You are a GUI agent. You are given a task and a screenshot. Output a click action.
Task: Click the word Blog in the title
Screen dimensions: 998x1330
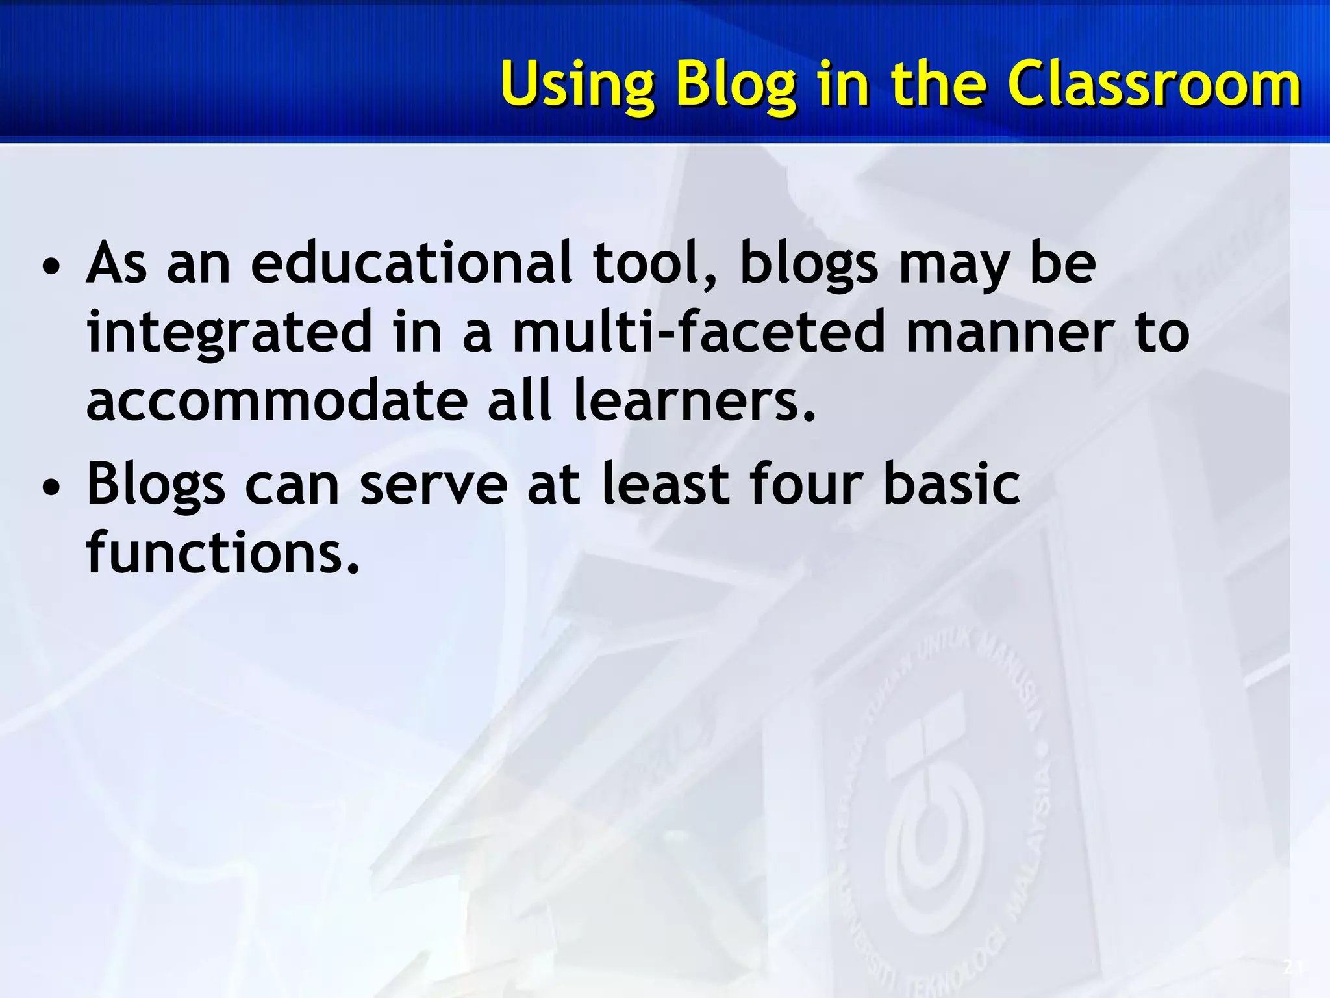pos(736,84)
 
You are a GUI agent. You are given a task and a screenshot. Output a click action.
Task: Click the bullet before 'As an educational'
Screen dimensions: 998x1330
pos(51,266)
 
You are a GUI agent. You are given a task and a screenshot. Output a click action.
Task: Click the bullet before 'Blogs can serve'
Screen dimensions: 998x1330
pos(51,487)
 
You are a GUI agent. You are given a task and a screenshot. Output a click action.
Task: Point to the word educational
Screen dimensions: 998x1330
pos(412,263)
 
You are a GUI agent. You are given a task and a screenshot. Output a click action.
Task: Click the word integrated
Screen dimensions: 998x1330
pos(229,333)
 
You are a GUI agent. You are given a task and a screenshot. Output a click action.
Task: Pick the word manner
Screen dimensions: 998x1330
pos(1010,333)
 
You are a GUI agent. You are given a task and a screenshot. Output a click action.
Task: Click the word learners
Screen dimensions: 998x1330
pos(694,400)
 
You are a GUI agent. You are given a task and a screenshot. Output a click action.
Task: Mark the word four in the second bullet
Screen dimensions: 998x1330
pos(807,483)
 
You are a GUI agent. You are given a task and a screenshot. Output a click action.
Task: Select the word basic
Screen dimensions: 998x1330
pos(951,483)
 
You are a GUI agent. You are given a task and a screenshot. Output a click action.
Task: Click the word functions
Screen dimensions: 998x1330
pos(223,552)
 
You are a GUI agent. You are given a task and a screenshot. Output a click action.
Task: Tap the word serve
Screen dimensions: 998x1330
pos(433,485)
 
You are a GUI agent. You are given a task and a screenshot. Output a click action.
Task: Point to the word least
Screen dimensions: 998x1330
pos(665,483)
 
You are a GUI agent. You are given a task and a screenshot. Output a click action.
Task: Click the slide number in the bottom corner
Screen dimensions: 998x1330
pos(1292,968)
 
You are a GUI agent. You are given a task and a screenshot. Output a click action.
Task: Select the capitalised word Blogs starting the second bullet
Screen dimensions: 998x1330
pos(156,485)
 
